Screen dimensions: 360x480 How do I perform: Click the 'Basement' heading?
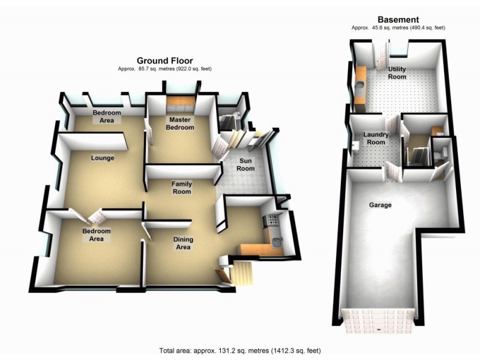398,20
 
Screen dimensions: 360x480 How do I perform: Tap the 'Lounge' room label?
103,158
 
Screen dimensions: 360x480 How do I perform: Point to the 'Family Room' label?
182,187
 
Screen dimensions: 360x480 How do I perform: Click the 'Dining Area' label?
182,243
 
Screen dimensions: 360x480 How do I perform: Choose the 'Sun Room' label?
245,164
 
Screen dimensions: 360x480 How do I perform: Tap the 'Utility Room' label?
397,73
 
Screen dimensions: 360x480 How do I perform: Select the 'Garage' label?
380,205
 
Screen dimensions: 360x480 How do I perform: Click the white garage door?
378,320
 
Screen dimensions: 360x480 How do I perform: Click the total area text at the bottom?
243,350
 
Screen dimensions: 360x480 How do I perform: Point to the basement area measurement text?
398,28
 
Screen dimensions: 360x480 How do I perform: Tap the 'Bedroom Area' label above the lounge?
107,116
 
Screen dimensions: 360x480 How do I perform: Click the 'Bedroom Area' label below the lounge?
97,235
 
